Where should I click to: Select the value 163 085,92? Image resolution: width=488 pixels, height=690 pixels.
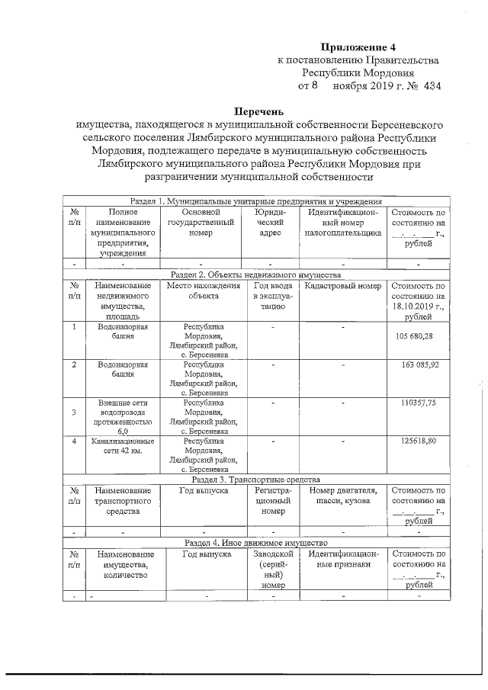click(x=419, y=365)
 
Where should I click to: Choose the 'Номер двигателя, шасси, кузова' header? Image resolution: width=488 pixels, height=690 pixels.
click(x=342, y=497)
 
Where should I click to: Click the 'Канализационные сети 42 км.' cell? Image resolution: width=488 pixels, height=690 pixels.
click(x=123, y=446)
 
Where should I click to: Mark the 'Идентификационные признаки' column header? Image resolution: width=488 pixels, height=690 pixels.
click(x=342, y=558)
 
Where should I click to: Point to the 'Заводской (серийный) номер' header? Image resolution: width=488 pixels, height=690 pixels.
click(x=272, y=569)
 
